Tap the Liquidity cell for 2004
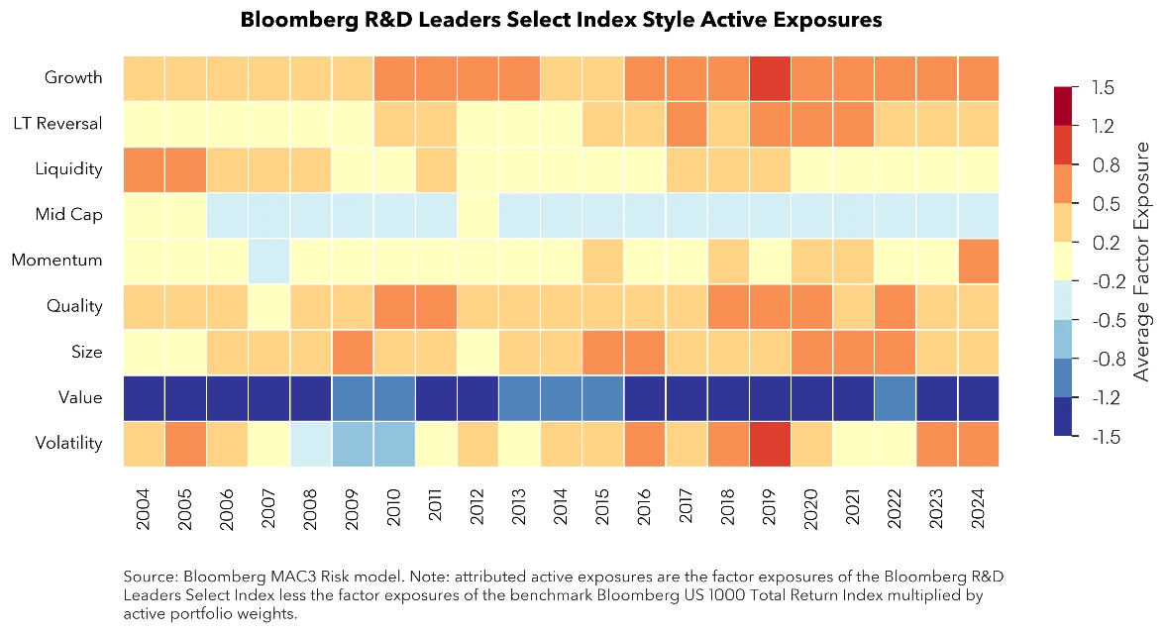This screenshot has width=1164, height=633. [145, 168]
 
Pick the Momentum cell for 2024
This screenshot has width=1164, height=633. [978, 261]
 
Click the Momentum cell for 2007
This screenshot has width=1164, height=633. [269, 261]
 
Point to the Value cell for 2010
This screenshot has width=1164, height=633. [394, 397]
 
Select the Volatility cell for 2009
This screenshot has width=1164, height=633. [353, 443]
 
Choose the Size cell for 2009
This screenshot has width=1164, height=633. [353, 352]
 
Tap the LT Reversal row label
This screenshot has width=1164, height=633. [57, 123]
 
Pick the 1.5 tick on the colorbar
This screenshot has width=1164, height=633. [1103, 88]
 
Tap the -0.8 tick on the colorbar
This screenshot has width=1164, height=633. [1105, 360]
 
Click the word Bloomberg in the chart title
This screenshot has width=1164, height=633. [294, 20]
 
